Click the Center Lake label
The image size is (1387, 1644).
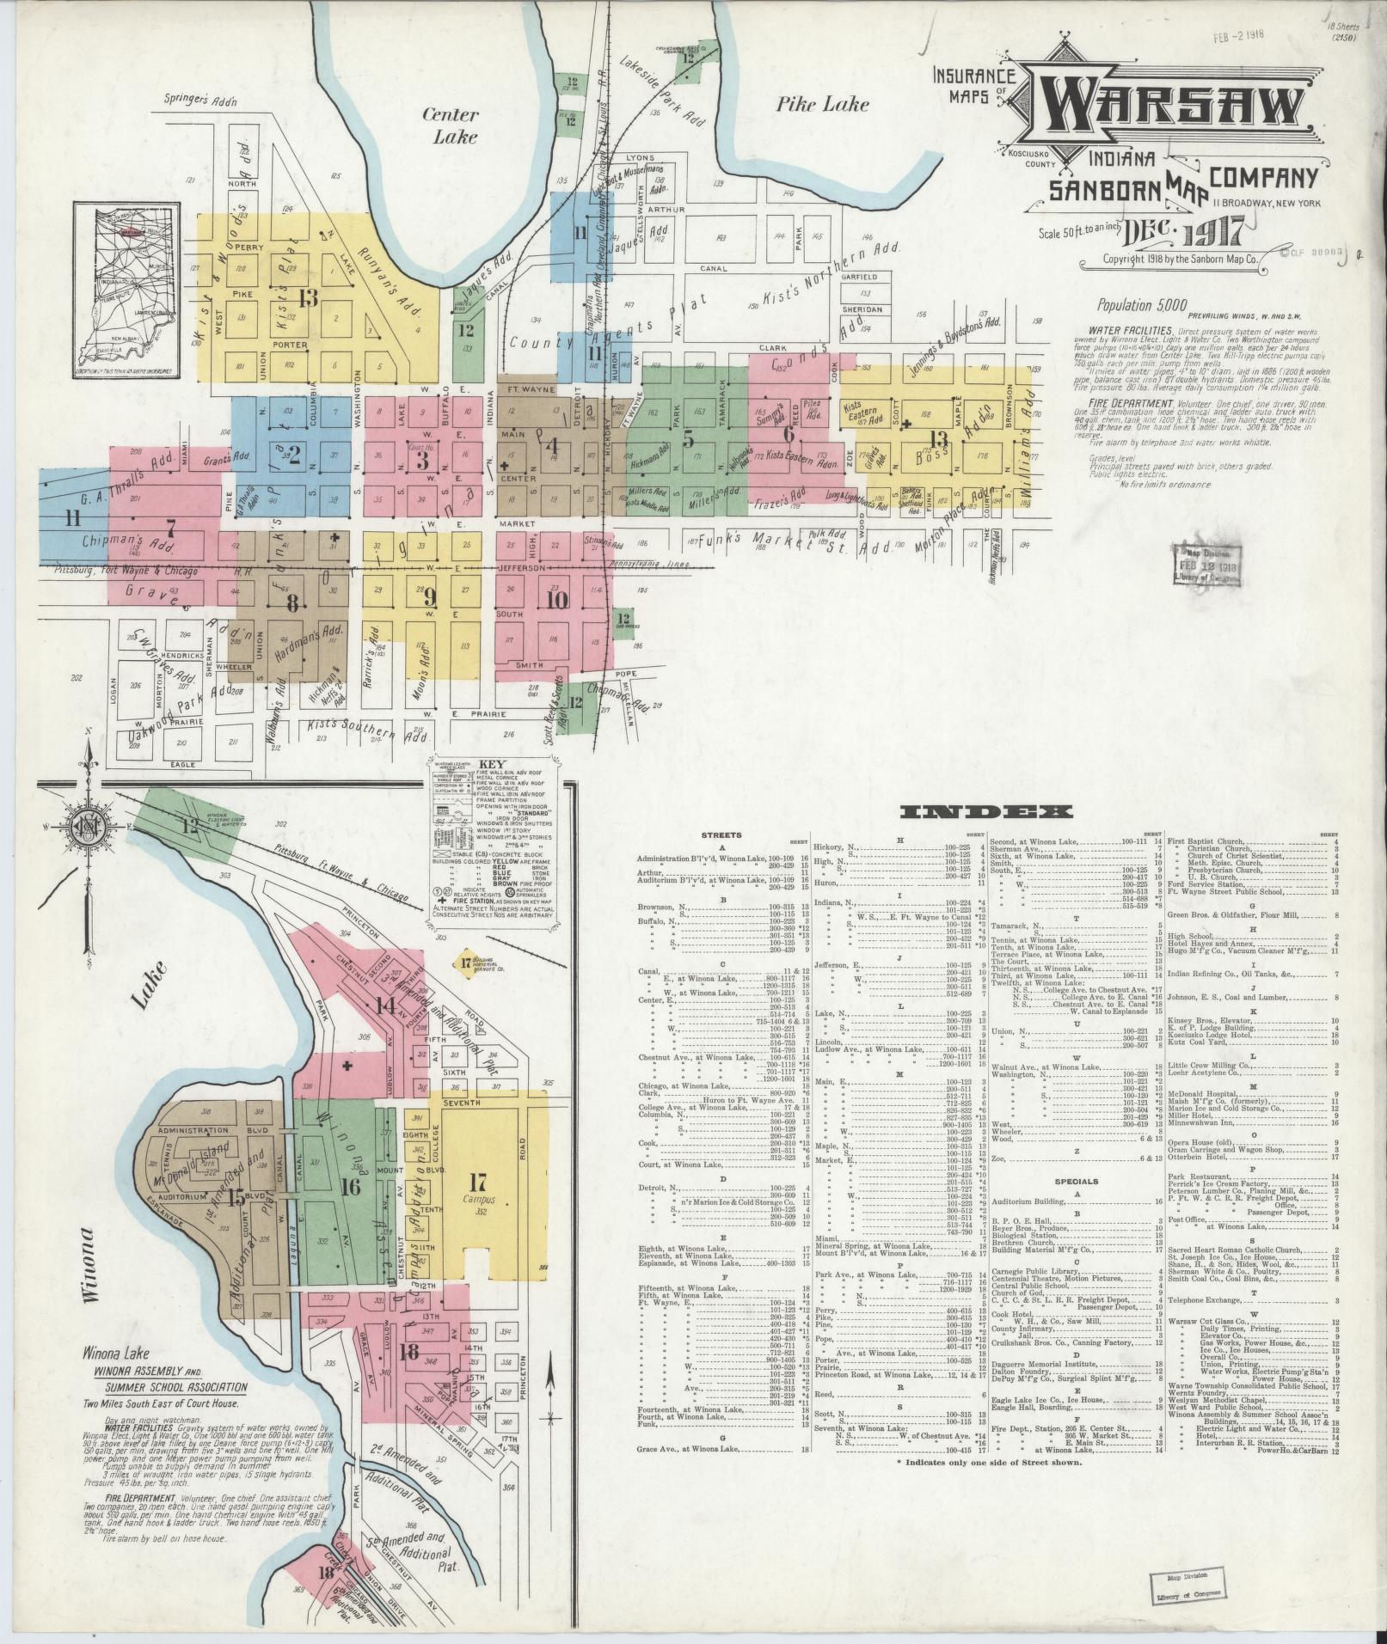click(454, 125)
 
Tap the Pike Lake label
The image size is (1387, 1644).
click(823, 105)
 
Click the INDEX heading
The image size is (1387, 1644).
click(986, 811)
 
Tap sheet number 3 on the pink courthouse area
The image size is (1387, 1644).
click(422, 461)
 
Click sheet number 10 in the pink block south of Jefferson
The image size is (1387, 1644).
click(557, 599)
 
